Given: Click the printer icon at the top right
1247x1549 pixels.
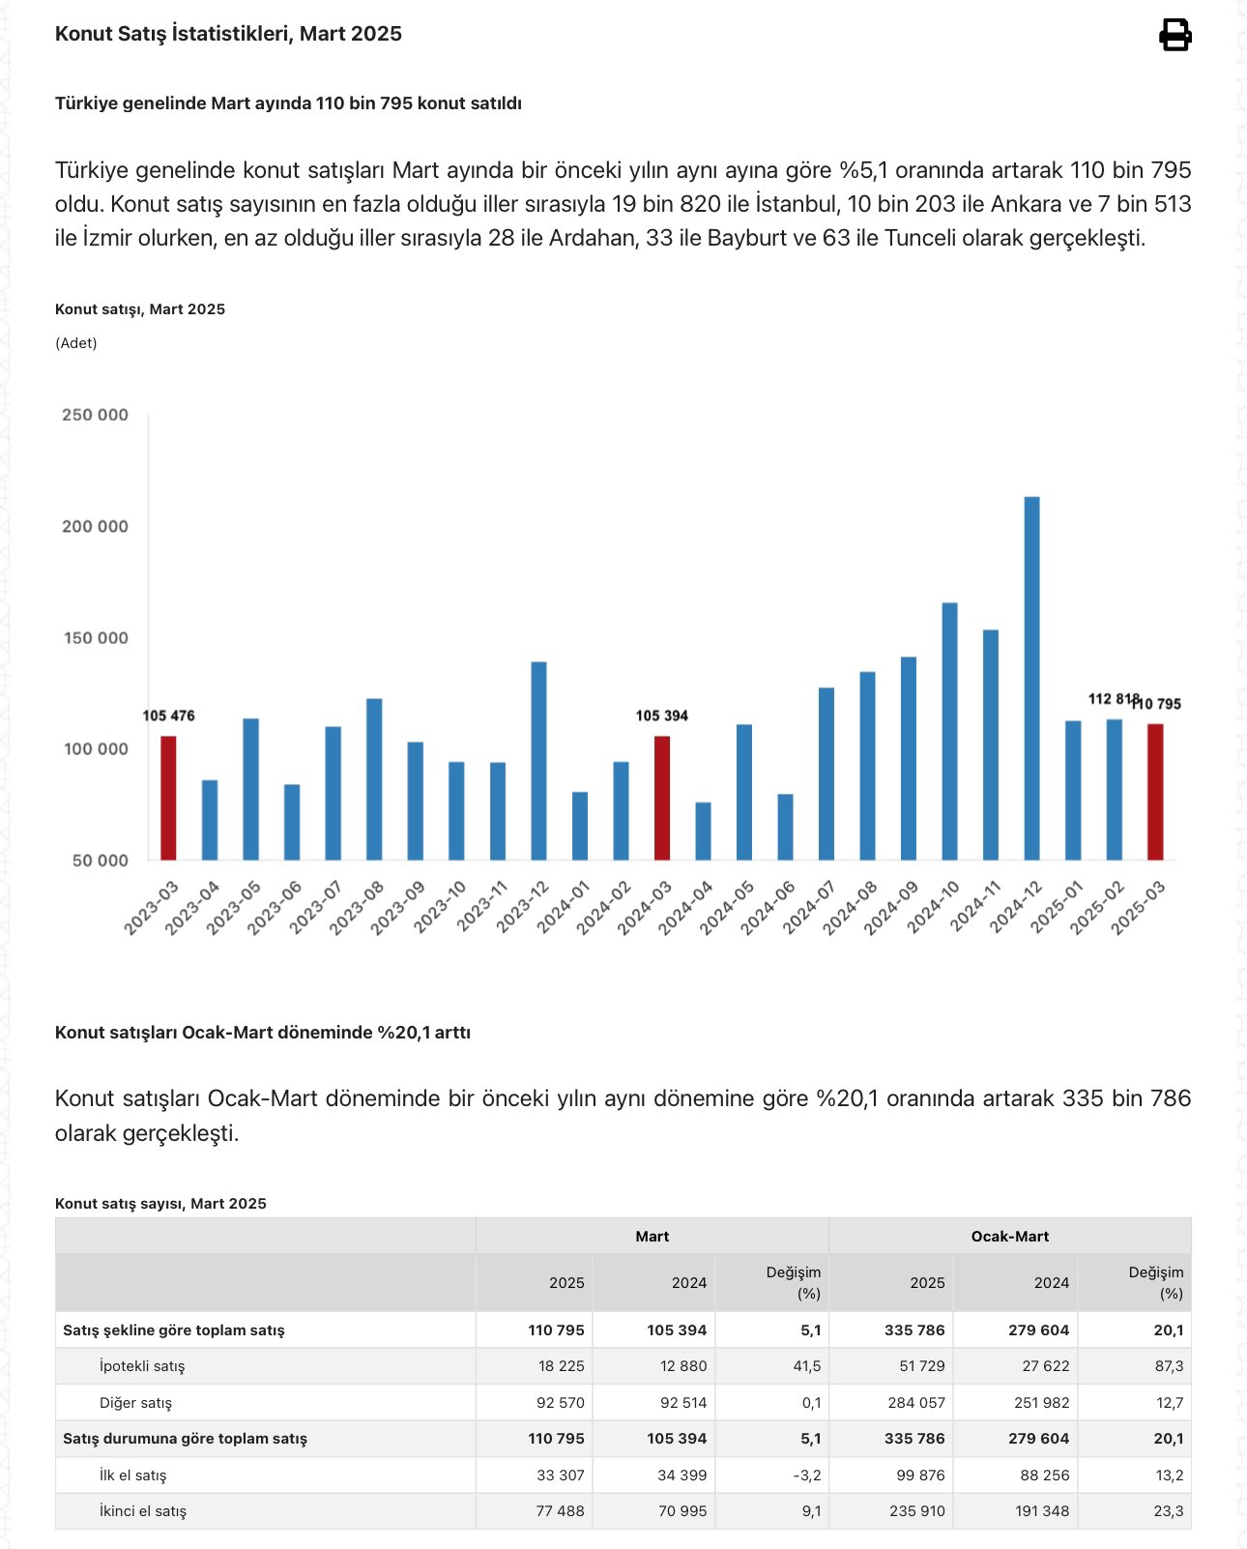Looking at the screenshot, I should coord(1174,35).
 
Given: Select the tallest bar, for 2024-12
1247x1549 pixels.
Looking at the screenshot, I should coord(1031,677).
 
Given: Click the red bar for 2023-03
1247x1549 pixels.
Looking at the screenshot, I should coord(168,798).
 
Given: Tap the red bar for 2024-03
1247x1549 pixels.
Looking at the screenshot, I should coord(662,798).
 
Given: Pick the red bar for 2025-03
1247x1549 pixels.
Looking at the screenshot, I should coord(1155,792).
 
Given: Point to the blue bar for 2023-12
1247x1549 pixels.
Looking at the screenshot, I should coord(538,760).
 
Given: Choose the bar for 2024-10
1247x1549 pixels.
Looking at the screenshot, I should coord(949,731).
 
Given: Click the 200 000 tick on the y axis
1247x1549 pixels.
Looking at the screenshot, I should coord(95,527).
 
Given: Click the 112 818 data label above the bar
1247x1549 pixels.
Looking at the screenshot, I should coord(1113,699).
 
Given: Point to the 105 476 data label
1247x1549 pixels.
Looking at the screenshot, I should coord(168,716).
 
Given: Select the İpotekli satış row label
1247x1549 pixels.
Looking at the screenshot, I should coord(142,1366).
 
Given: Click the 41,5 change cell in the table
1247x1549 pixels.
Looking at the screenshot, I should coord(810,1366).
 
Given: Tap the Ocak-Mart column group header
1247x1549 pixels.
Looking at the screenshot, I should coord(1009,1237).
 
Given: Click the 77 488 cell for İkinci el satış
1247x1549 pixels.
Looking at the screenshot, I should coord(560,1511).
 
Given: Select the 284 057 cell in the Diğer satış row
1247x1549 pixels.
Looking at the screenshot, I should coord(915,1403).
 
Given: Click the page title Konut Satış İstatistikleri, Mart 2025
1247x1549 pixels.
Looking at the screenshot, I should coord(228,34).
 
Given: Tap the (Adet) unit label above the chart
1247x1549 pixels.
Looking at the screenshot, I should coord(76,343).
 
